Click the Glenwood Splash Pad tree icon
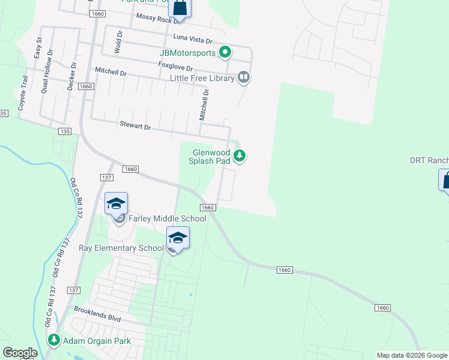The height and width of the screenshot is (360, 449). pyautogui.click(x=240, y=157)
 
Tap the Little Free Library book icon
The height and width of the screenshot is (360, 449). pyautogui.click(x=243, y=77)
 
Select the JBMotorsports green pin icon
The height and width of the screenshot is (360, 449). pyautogui.click(x=225, y=53)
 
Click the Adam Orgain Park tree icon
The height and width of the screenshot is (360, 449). pyautogui.click(x=55, y=341)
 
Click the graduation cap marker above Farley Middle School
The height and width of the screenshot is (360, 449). pyautogui.click(x=116, y=203)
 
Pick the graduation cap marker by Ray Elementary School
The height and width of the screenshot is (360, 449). pyautogui.click(x=178, y=238)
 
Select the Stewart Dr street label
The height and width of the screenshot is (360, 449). pyautogui.click(x=135, y=127)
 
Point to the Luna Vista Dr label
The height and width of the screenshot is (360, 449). pyautogui.click(x=193, y=39)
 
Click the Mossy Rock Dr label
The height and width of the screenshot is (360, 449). pyautogui.click(x=157, y=18)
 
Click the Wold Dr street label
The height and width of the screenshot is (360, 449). pyautogui.click(x=118, y=43)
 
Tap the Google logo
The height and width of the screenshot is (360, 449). pyautogui.click(x=20, y=353)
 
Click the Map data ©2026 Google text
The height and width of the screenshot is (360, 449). pyautogui.click(x=412, y=355)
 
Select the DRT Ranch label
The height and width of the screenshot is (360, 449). pyautogui.click(x=429, y=160)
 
